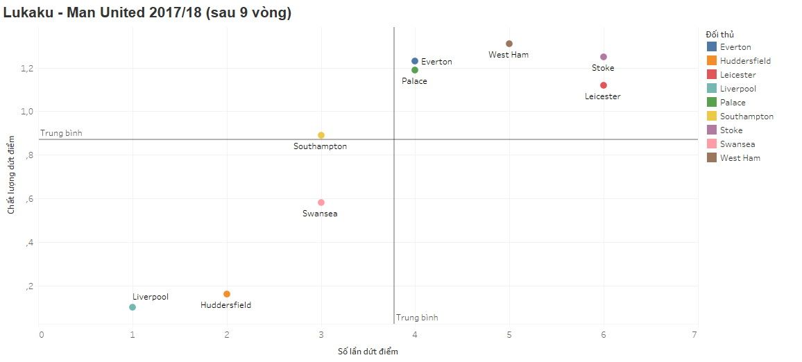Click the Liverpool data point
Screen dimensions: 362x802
133,307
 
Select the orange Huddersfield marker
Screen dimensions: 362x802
227,294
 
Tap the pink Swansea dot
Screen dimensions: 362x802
321,202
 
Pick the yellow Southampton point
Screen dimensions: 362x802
321,135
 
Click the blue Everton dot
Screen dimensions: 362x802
415,61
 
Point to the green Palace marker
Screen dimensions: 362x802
415,70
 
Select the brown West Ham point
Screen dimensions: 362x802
509,44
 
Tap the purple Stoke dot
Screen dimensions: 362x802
604,57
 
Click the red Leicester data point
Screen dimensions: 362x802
604,85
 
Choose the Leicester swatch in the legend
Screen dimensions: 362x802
712,75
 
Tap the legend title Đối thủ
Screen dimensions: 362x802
719,34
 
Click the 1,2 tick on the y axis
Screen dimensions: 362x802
26,69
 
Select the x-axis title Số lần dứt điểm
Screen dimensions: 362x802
368,352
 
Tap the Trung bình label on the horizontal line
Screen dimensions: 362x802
61,133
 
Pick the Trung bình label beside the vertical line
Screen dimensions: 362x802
417,318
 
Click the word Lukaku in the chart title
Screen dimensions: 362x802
28,12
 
